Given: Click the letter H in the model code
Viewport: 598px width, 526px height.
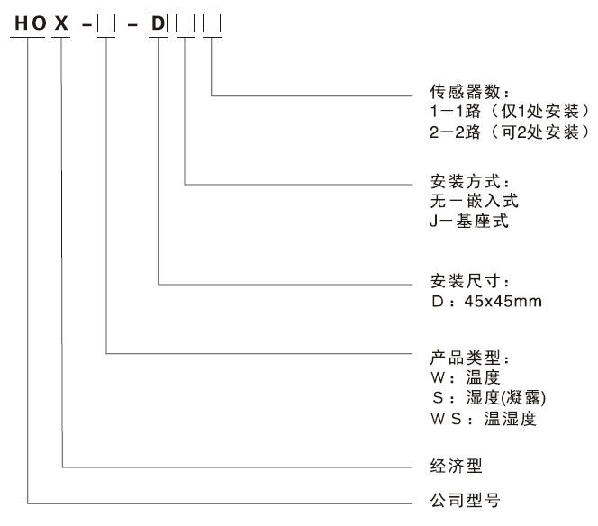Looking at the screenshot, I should (19, 20).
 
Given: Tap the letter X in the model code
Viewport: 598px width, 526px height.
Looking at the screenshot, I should (60, 20).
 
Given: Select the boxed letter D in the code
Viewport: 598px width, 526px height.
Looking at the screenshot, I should (158, 20).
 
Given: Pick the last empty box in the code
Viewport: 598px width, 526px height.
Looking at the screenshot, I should (211, 20).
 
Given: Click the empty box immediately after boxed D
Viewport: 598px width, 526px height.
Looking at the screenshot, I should (185, 20).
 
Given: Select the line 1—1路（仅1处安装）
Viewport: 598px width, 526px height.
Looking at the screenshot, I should (510, 113).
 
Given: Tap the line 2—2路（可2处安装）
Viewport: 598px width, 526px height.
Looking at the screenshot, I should (510, 133).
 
